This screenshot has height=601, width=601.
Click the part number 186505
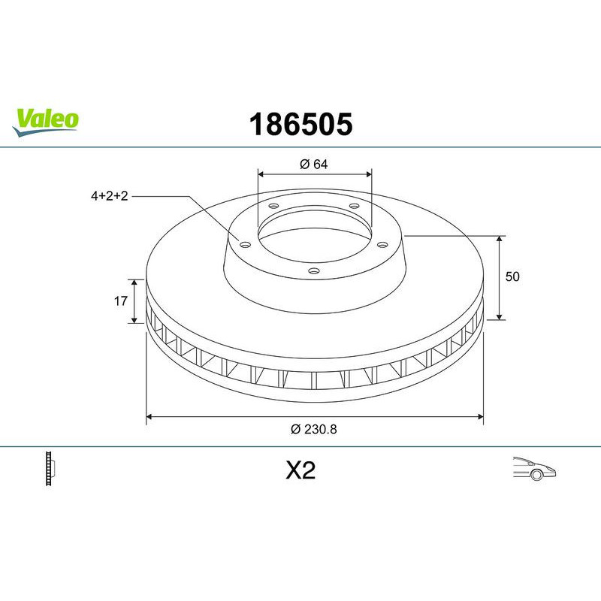299,125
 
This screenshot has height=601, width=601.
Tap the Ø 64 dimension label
315,165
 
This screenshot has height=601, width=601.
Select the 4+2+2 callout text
110,196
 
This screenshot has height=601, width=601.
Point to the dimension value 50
512,276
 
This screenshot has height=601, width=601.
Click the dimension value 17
119,300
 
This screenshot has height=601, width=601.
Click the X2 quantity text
300,470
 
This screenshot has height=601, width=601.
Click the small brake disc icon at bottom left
52,469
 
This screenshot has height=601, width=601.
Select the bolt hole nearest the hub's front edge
314,271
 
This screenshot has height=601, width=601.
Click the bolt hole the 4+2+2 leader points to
244,243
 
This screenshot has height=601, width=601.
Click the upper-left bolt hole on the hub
273,207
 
